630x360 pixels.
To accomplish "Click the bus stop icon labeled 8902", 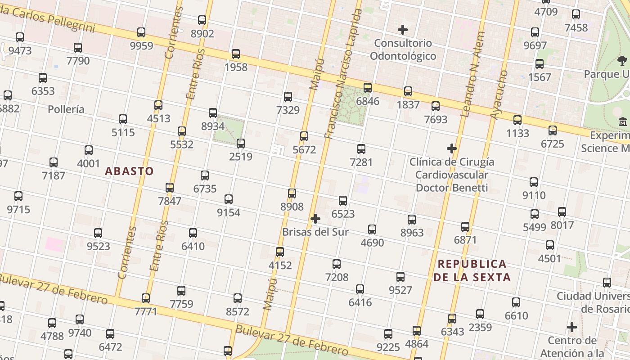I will point(202,20).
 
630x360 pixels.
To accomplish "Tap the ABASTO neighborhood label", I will point(129,171).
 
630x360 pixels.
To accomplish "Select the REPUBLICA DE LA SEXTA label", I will point(472,270).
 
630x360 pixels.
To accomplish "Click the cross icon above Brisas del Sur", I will point(315,219).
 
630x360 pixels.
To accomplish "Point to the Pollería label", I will point(66,109).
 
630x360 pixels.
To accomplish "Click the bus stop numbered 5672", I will point(304,136).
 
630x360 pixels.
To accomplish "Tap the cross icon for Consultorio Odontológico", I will point(403,30).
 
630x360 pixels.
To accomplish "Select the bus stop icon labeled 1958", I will point(236,54).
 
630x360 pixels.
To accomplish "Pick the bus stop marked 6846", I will point(368,88).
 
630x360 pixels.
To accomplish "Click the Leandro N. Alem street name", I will point(472,74).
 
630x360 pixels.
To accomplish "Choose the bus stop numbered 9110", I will point(534,182).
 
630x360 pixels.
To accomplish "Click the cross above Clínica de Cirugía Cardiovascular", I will point(452,148).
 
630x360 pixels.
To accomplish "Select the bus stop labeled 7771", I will point(146,298).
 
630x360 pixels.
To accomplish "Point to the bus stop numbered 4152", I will point(280,252).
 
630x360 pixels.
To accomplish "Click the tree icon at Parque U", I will point(622,60).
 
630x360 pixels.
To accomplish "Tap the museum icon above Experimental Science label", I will point(623,122).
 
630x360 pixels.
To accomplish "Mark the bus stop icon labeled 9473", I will point(20,37).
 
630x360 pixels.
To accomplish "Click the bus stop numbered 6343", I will point(452,319).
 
